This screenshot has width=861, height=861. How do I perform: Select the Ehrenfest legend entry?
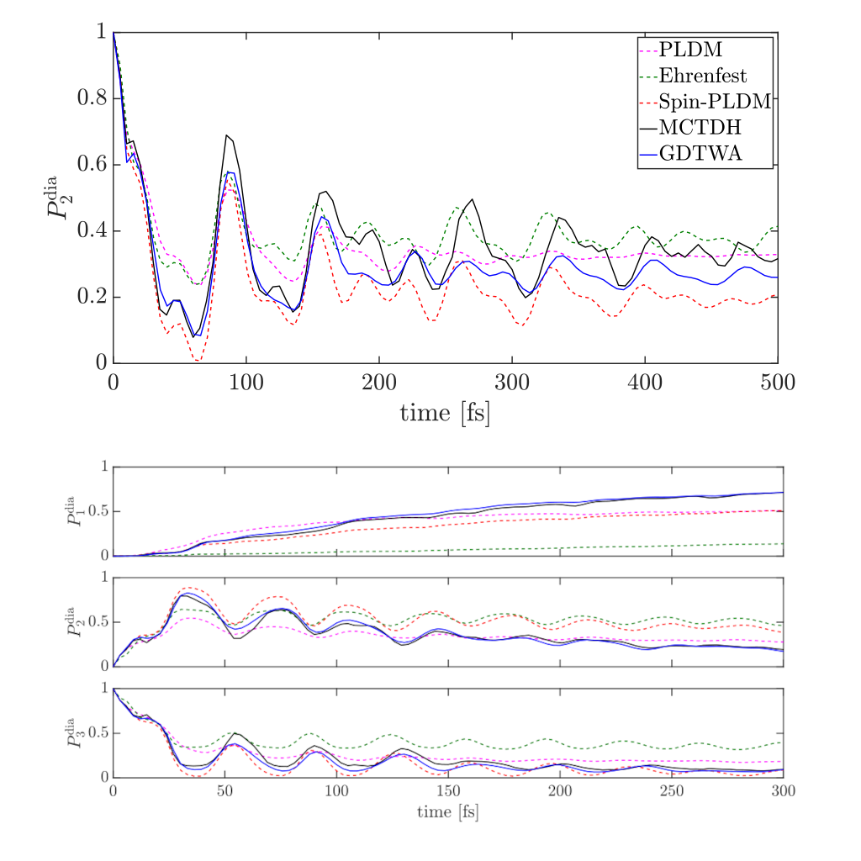coord(703,77)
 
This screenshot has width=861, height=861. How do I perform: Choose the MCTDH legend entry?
coord(694,128)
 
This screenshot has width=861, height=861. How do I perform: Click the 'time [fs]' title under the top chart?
coord(445,413)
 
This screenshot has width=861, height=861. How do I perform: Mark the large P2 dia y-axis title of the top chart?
coord(59,198)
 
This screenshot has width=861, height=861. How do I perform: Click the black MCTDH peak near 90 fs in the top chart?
coord(226,135)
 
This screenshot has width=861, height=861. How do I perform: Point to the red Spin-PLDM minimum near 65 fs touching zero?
coord(197,360)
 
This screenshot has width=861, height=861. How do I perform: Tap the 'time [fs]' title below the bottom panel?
coord(447,813)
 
